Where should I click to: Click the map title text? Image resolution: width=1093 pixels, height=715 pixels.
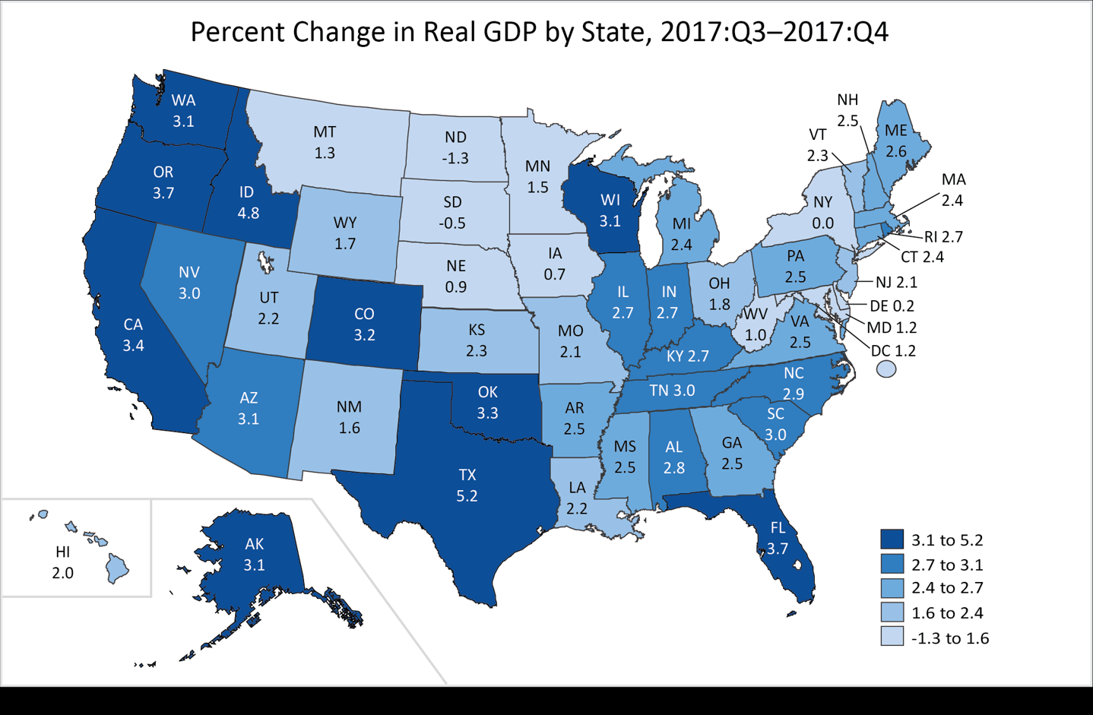pos(539,33)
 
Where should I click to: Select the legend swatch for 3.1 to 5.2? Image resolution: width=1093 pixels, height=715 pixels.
pos(892,539)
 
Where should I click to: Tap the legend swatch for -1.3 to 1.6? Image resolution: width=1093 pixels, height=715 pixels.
pos(892,637)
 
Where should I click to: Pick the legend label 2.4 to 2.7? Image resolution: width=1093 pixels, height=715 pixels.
pos(947,588)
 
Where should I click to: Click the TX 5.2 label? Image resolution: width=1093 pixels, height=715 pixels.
pos(467,486)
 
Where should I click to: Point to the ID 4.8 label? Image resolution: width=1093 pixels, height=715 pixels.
pos(248,203)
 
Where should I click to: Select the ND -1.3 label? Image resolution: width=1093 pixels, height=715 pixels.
pos(455,147)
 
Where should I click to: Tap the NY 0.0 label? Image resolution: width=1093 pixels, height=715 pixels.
pos(822,213)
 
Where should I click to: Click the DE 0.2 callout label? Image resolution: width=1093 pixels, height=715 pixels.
pos(892,305)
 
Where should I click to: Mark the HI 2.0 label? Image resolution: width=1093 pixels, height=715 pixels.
pos(63,562)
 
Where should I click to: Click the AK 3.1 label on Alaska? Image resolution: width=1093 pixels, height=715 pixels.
pos(254,554)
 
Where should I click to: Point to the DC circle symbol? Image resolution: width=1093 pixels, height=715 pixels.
pos(886,369)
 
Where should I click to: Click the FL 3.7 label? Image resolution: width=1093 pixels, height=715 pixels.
pos(778,538)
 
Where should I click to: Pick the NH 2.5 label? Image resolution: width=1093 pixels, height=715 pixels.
pos(847,110)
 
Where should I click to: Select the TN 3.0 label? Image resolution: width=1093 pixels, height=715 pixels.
pos(672,391)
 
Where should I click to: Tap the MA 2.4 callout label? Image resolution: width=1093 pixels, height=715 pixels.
pos(953,190)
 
